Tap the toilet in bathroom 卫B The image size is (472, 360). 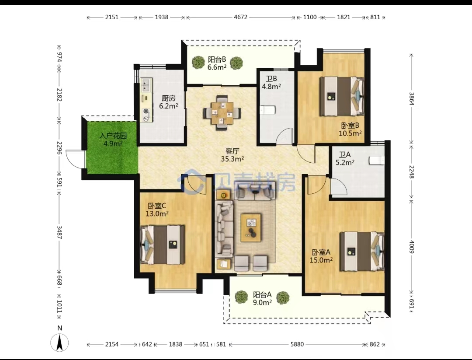tap(267, 110)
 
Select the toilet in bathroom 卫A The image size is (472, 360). tap(377, 161)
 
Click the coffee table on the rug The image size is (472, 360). tap(251, 227)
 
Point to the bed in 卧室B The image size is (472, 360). tap(342, 96)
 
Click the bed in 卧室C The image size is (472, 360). tap(163, 245)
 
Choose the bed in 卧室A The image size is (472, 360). tap(362, 251)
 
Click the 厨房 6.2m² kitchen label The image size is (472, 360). tap(169, 102)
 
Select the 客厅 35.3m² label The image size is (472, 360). tap(233, 155)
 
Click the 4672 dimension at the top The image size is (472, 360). tap(240, 17)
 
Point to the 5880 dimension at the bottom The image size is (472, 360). tap(297, 344)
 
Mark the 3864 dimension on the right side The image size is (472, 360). tap(412, 98)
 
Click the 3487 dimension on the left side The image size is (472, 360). tap(59, 232)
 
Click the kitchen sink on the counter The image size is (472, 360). tap(146, 85)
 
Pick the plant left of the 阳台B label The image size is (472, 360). tap(199, 63)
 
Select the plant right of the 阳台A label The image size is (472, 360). tap(283, 297)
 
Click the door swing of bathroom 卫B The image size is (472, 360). tap(284, 135)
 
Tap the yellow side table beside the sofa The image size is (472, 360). tap(223, 195)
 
